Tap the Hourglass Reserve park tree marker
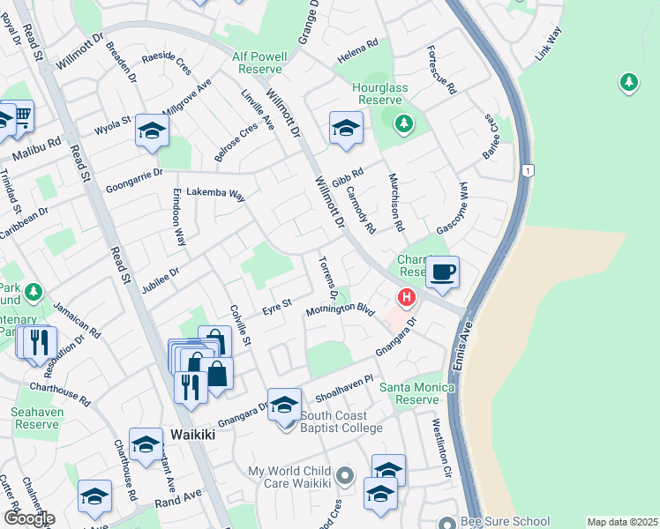(x=403, y=123)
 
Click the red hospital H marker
(x=406, y=298)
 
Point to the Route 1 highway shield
(x=528, y=169)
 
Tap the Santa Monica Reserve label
(x=416, y=393)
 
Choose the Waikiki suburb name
(x=193, y=435)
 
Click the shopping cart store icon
(x=19, y=115)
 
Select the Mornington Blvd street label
(x=341, y=311)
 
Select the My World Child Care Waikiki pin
(x=345, y=477)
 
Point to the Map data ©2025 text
(x=622, y=522)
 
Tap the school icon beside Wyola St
(x=152, y=131)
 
